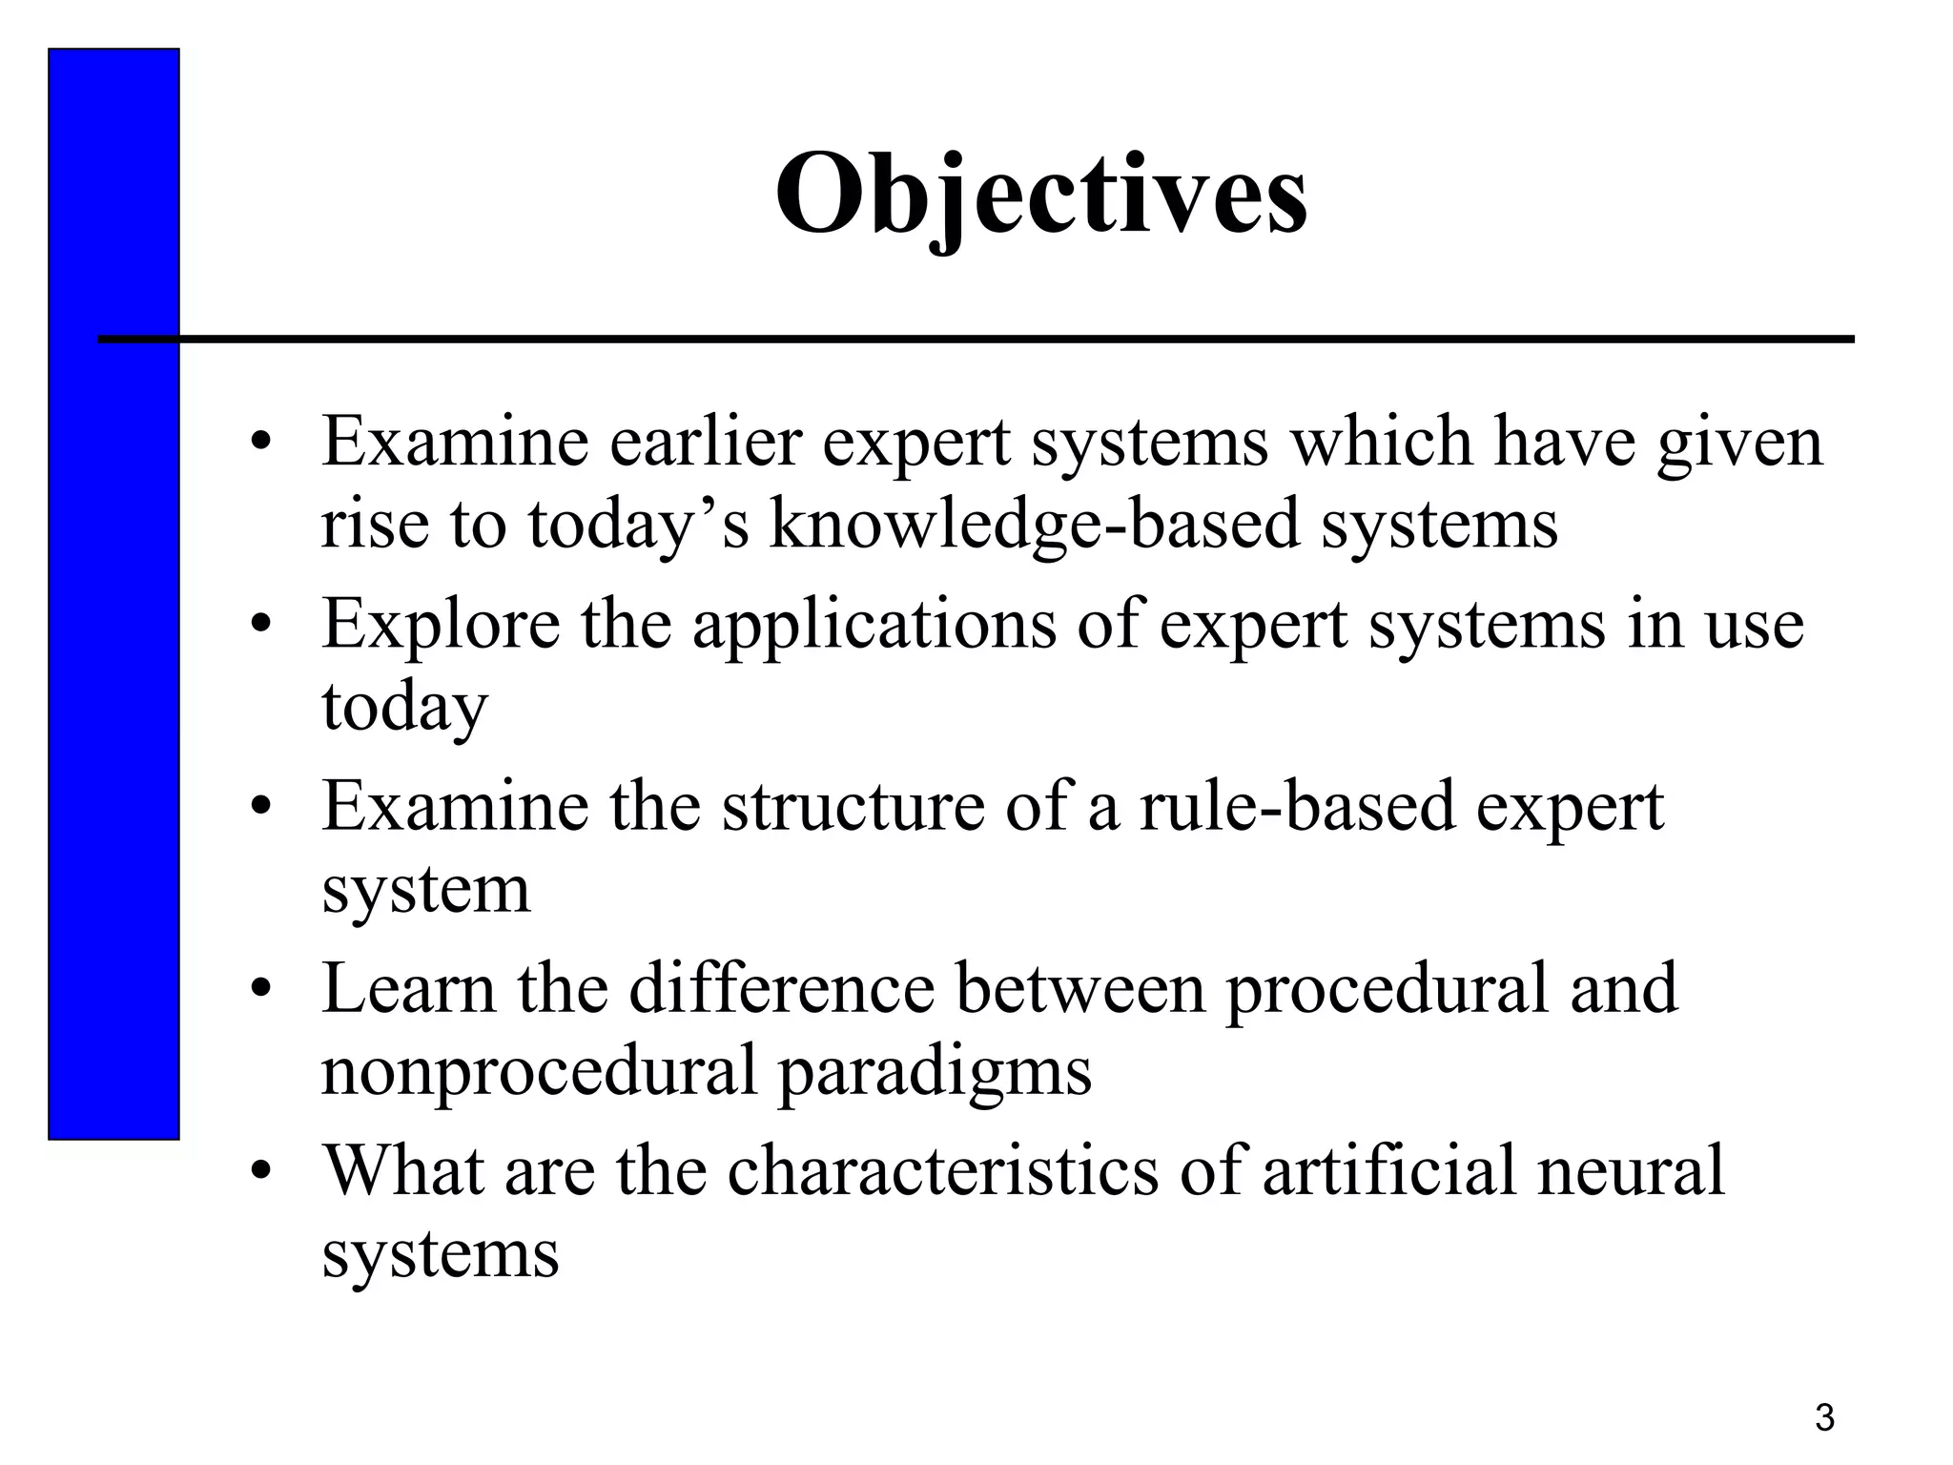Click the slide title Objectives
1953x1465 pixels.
click(1041, 196)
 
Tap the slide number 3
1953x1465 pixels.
click(1824, 1417)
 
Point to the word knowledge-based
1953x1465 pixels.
click(1035, 526)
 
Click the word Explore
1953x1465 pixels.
click(441, 625)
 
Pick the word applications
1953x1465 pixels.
click(874, 625)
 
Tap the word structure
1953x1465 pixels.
click(853, 806)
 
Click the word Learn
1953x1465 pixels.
click(409, 988)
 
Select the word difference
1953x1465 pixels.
click(781, 988)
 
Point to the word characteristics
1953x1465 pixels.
click(942, 1170)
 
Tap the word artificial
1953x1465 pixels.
click(1388, 1170)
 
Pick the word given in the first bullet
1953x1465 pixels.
click(1739, 444)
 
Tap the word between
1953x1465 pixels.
click(1080, 988)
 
